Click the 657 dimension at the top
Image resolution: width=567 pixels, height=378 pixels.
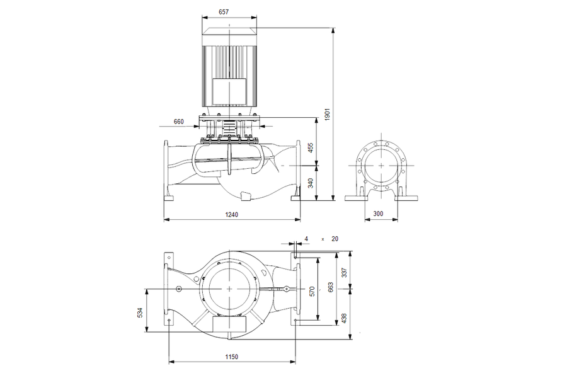[x=224, y=12]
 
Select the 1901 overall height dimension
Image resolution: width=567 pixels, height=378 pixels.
[x=328, y=114]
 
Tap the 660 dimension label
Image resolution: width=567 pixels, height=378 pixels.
[x=179, y=122]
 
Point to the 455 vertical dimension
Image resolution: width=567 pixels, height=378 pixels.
[x=311, y=147]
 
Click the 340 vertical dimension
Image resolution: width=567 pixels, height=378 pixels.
[x=311, y=183]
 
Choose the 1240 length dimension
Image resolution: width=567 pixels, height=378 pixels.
[x=231, y=214]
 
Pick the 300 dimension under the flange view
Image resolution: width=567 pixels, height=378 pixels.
[x=378, y=214]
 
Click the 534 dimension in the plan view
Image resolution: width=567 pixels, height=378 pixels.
[x=140, y=312]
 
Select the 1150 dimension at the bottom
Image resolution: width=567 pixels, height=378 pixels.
[x=231, y=357]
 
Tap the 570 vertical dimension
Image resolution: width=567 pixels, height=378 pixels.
[x=312, y=291]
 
